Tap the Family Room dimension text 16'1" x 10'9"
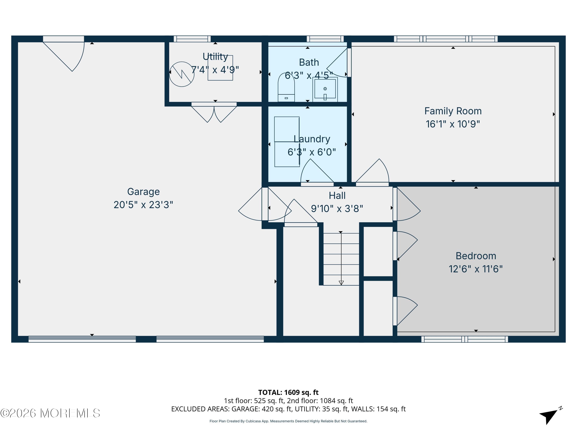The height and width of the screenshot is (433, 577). (x=453, y=124)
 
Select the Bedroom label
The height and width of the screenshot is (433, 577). (x=476, y=256)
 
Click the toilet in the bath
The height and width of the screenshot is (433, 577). (x=286, y=87)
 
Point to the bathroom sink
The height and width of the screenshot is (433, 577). (x=325, y=89)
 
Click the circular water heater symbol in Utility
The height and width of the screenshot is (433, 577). (x=182, y=74)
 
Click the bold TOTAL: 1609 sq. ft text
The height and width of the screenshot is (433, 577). (x=288, y=392)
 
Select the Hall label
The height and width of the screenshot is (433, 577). (x=337, y=196)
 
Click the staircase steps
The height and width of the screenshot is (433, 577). (x=341, y=259)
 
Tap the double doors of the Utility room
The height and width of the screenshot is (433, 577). (x=214, y=112)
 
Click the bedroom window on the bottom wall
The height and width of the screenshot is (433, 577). (x=464, y=339)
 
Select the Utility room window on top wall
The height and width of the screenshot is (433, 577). (x=192, y=39)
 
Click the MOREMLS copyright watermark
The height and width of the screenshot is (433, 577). (x=50, y=413)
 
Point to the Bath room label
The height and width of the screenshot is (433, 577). (x=309, y=62)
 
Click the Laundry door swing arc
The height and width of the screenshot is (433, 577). (x=317, y=171)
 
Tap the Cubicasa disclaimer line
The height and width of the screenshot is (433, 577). (x=288, y=421)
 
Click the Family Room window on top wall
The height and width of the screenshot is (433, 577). (x=445, y=39)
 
